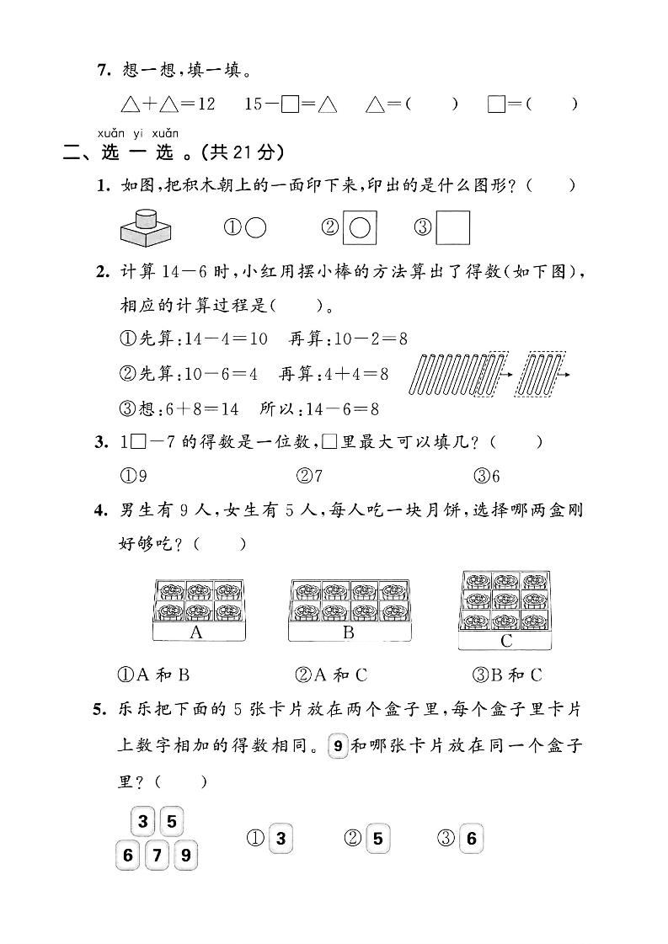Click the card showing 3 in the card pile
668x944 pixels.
pos(144,820)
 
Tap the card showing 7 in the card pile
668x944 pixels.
pos(158,856)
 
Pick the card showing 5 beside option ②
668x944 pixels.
pos(377,838)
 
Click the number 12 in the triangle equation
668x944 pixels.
pos(206,104)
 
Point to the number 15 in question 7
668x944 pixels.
pos(255,104)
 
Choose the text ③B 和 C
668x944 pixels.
pos(508,674)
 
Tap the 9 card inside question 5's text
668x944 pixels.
pos(337,745)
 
